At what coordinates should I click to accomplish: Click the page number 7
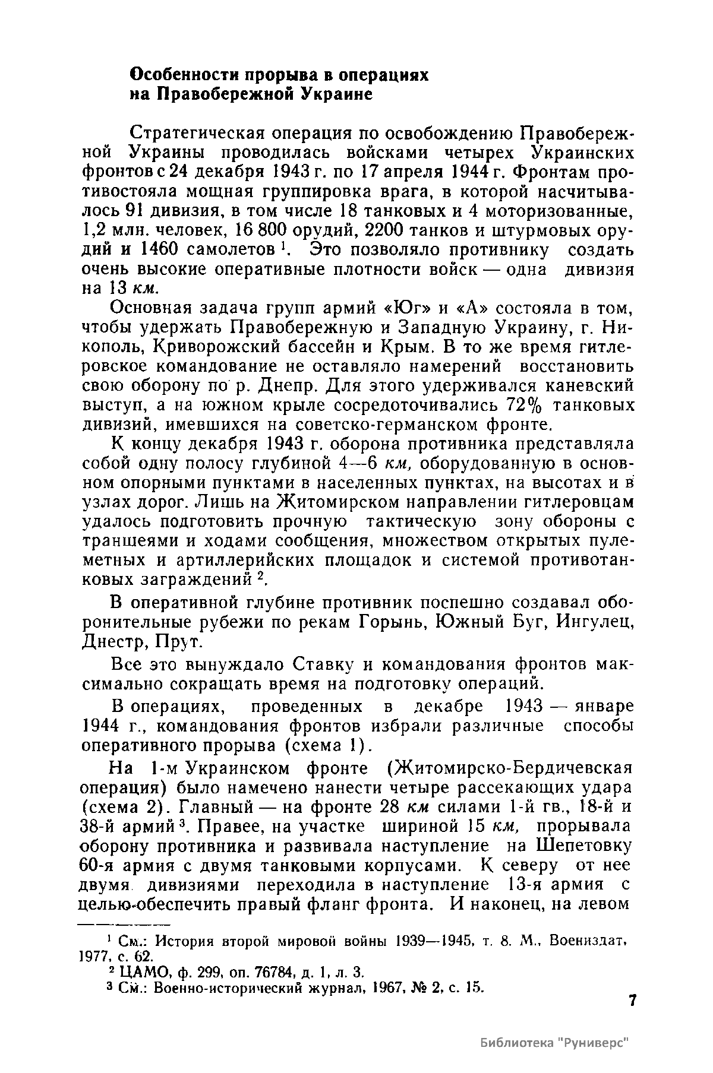631,1000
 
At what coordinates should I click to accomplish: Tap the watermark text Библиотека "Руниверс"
554,1044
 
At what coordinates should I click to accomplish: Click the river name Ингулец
588,622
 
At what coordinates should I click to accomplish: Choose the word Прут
171,642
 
